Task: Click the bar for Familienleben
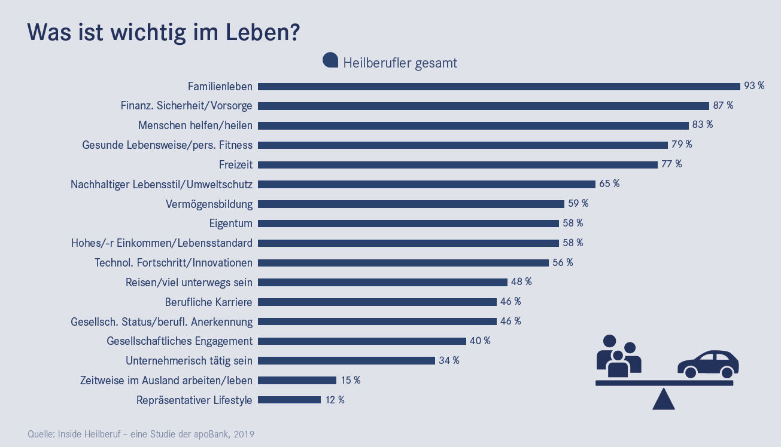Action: pos(499,86)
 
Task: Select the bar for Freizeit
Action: pos(457,164)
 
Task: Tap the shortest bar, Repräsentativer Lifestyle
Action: pos(289,400)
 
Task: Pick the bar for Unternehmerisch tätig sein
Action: pos(346,360)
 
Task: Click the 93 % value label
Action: pos(754,86)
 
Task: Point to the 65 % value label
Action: pos(609,184)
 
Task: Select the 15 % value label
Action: pos(350,380)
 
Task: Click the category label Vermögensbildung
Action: pos(209,204)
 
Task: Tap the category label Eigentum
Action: pos(230,223)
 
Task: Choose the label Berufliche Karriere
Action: pos(208,302)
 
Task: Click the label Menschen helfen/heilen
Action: pos(195,125)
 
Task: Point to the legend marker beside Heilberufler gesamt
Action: pos(330,60)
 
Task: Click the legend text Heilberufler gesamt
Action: pos(400,63)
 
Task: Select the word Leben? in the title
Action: pos(262,32)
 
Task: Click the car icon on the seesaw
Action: pos(708,364)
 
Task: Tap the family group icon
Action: pos(618,356)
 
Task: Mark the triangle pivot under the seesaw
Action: pos(663,399)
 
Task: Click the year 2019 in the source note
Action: pos(244,434)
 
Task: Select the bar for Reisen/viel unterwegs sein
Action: pos(382,282)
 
